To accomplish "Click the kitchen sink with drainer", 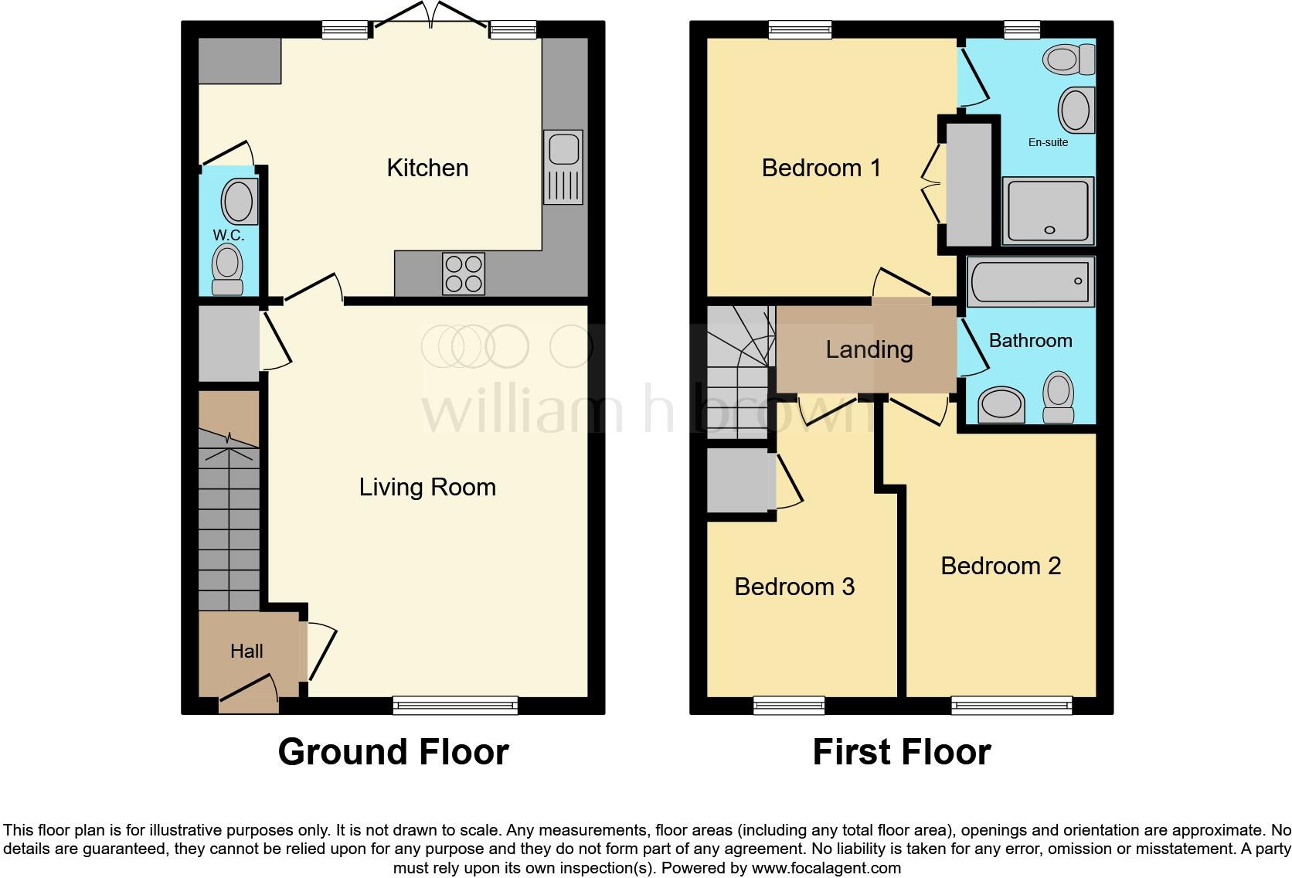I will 563,167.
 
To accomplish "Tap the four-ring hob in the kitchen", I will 464,274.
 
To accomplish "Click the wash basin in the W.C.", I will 240,202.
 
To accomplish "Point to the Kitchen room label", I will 427,168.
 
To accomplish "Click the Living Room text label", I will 427,487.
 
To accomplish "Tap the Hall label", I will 246,652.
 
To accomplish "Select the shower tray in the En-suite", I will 1048,211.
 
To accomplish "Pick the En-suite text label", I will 1048,142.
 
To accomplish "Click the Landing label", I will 869,349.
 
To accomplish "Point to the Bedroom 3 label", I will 794,587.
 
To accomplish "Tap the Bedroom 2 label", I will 1001,566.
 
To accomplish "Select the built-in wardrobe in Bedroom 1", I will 969,184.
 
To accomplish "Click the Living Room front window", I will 455,704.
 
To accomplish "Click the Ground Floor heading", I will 393,752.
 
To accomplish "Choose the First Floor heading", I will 901,752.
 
